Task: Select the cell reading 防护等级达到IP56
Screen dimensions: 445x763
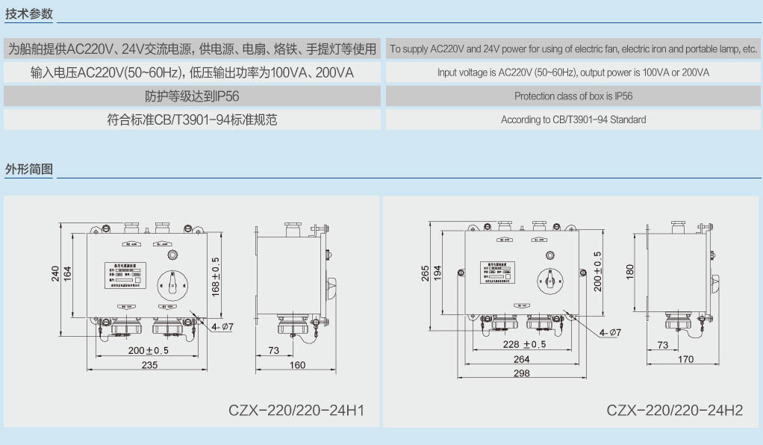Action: click(192, 96)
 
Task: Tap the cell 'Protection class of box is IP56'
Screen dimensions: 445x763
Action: click(573, 96)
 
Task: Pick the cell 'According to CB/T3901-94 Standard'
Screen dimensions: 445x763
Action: click(573, 119)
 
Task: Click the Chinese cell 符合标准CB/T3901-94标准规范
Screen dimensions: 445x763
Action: click(192, 119)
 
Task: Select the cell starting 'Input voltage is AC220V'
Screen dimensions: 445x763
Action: click(573, 72)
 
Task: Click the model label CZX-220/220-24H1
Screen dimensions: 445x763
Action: click(296, 410)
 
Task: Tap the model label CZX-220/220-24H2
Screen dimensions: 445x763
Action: click(674, 410)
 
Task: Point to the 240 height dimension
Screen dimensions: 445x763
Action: click(56, 275)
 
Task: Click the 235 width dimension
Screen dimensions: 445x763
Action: click(149, 364)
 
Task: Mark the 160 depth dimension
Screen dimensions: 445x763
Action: click(297, 364)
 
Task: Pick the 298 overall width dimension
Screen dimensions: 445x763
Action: click(522, 373)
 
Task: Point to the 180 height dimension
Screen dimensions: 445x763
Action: click(630, 270)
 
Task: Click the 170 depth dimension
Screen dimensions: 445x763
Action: click(685, 359)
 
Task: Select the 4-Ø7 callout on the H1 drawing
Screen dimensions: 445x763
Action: click(222, 326)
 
